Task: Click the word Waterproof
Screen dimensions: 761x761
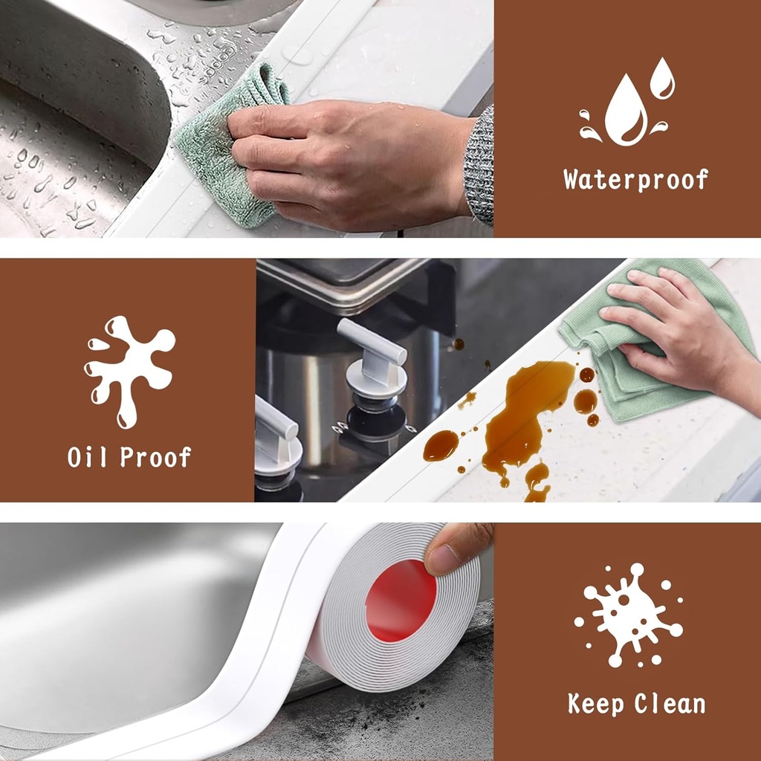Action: tap(635, 180)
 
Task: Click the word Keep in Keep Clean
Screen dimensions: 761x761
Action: tap(596, 703)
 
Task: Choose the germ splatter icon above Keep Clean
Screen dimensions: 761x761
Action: tap(628, 614)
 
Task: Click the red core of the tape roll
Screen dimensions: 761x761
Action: tap(401, 600)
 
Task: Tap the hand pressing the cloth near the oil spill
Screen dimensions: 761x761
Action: tap(669, 327)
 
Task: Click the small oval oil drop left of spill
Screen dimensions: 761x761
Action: tap(441, 445)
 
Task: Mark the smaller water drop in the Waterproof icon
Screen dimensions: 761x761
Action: tap(662, 80)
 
